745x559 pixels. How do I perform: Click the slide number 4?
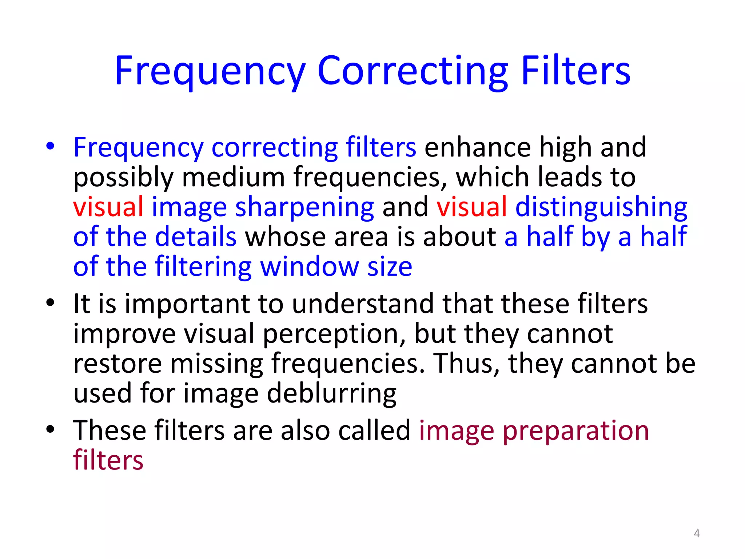pos(697,534)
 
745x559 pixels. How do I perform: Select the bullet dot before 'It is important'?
pos(50,302)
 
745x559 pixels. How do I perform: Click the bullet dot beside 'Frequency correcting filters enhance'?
pos(50,146)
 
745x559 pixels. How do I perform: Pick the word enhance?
pos(477,147)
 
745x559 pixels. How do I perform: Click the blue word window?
pos(310,267)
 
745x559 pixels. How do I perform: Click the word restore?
pos(117,364)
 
